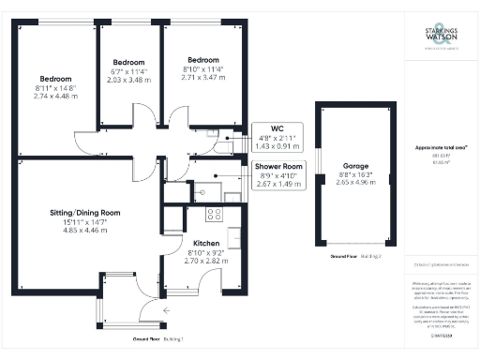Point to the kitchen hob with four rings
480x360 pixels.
pyautogui.click(x=213, y=214)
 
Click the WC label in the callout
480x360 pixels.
pyautogui.click(x=277, y=128)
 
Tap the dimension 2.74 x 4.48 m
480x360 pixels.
pyautogui.click(x=53, y=95)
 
